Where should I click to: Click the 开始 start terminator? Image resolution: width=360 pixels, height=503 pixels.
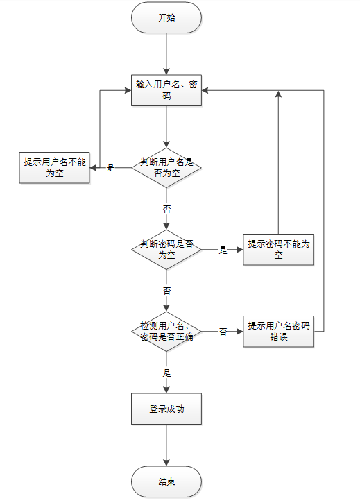166,17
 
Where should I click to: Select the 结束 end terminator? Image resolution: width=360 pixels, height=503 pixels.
166,481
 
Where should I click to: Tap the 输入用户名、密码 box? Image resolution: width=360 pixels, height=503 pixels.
166,90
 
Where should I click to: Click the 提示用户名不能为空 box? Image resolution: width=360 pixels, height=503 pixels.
54,167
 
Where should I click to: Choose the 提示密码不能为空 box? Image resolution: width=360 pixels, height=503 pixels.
278,249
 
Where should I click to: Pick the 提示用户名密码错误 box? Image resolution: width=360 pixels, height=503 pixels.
278,332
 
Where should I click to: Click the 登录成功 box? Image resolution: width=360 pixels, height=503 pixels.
166,409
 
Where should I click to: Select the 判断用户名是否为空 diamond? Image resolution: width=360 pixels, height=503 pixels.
166,167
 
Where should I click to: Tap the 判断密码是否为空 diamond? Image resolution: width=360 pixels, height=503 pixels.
166,249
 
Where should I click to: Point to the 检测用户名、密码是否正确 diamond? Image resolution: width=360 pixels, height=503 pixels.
166,332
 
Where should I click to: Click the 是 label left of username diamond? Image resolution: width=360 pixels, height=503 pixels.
110,167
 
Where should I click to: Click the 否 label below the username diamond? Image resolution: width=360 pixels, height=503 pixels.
166,209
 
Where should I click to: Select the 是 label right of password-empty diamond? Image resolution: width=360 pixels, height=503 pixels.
223,250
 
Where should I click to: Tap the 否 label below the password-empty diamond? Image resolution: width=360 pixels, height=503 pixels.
166,291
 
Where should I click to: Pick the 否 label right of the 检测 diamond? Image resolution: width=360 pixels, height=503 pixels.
223,332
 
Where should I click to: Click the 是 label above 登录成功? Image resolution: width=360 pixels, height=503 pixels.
166,373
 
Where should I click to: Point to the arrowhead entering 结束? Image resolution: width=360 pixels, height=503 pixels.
166,463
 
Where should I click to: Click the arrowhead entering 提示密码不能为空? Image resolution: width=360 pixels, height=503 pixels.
240,249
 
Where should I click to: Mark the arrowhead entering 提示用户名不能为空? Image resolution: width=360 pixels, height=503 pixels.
93,167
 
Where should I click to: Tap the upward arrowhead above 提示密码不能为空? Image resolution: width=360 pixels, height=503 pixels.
278,94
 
